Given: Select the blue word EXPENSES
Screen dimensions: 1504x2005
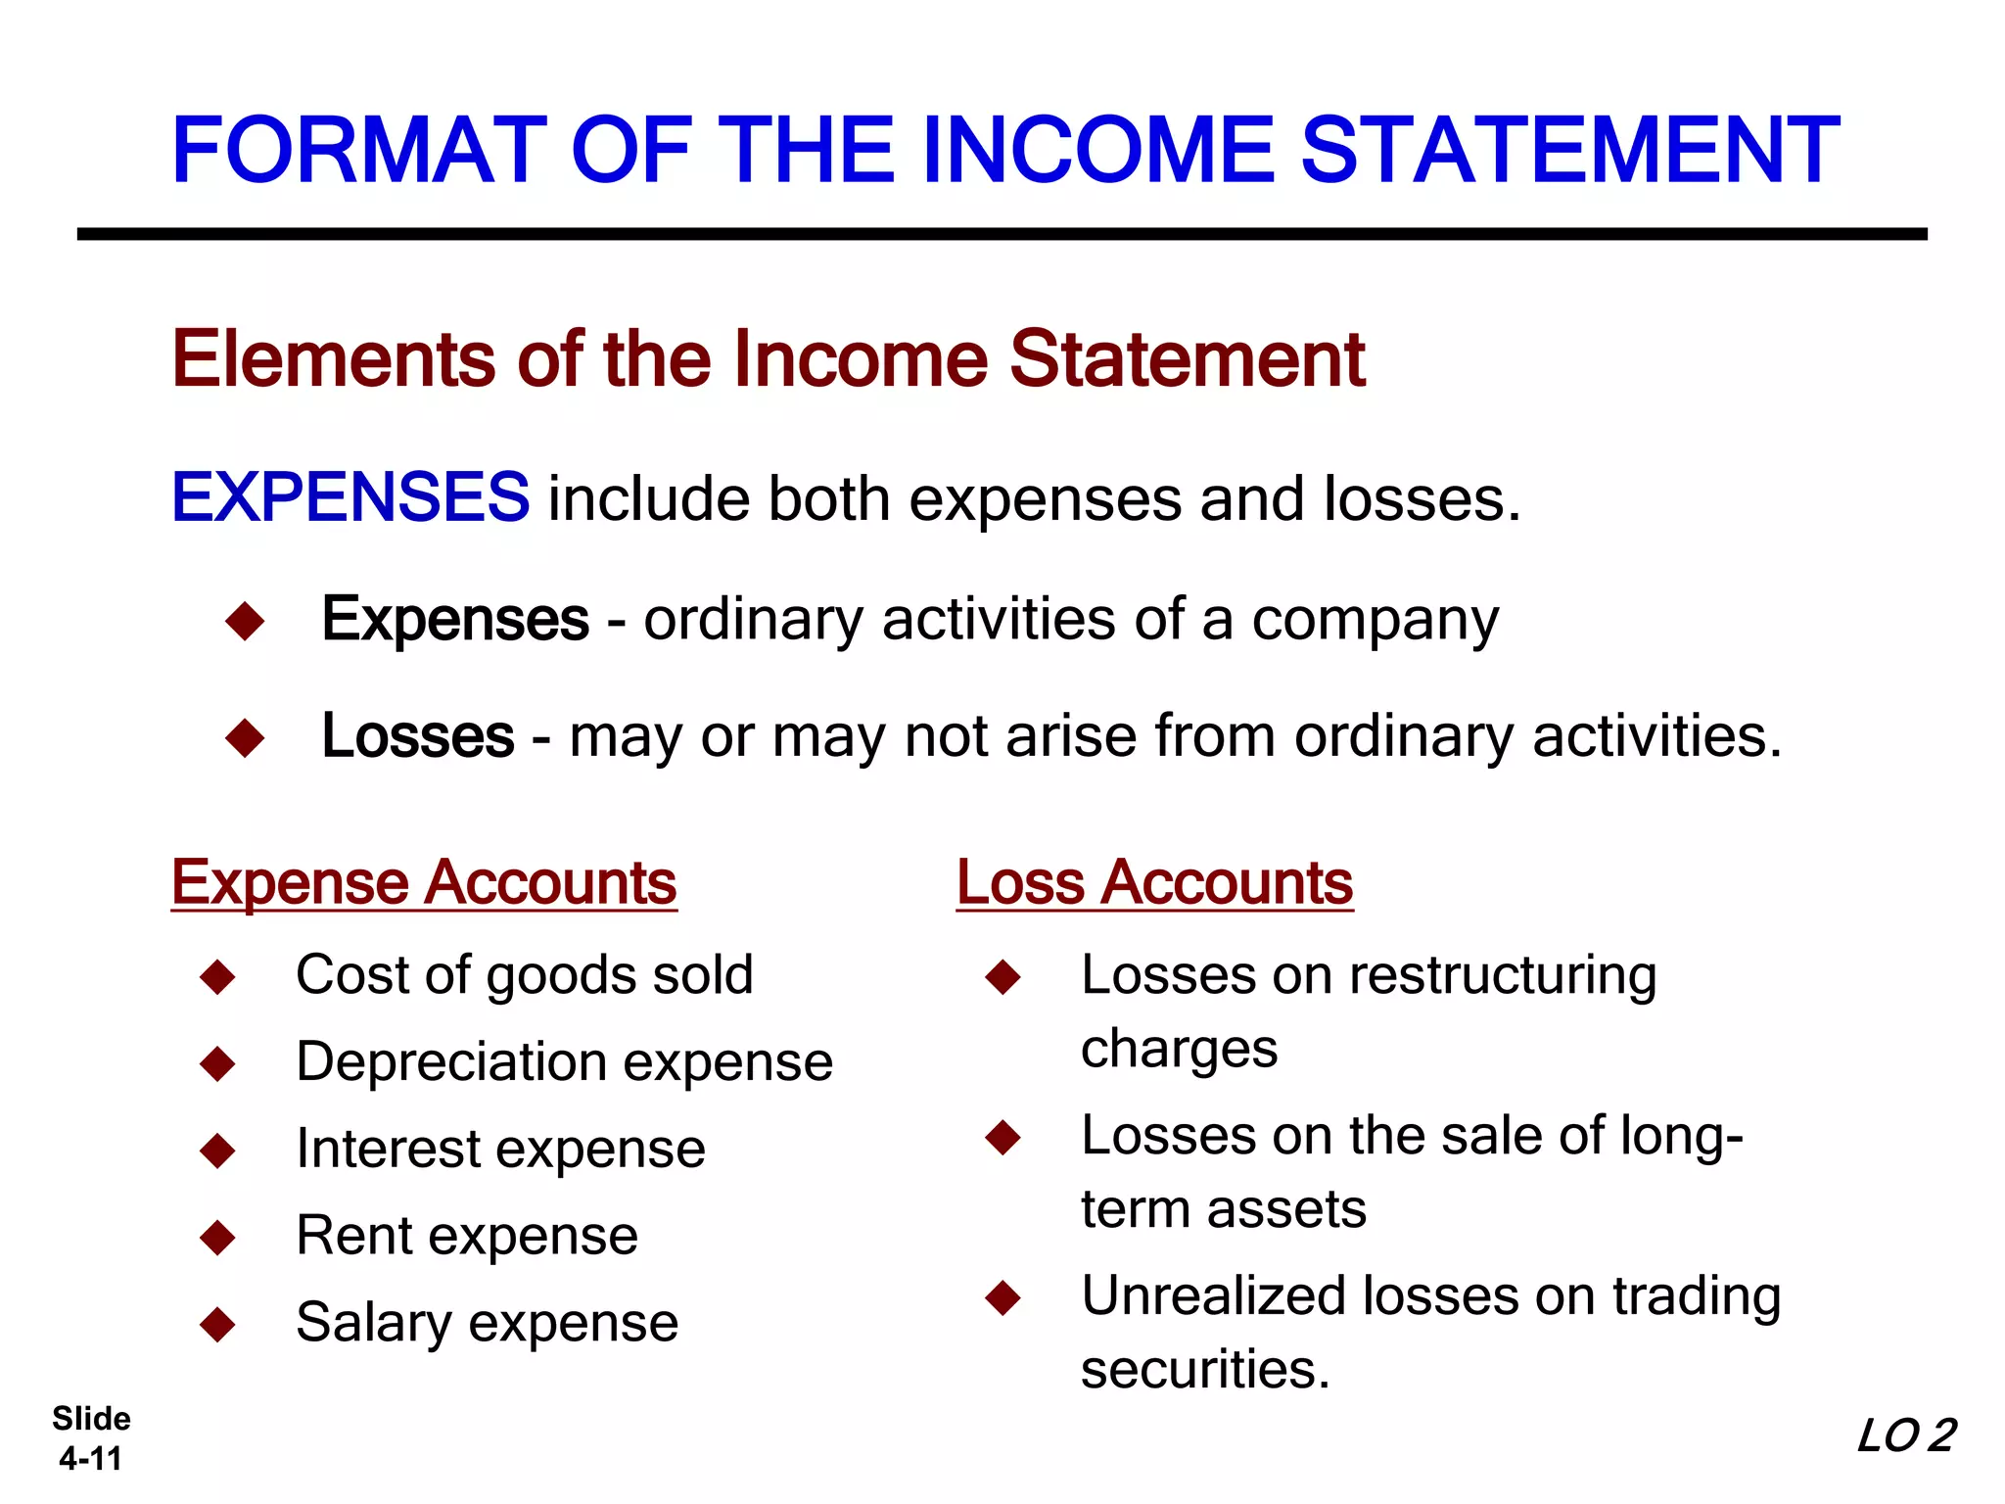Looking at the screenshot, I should (350, 496).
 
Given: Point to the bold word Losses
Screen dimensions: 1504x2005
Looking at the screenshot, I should (418, 735).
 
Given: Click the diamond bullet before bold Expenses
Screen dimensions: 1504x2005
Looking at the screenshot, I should (245, 621).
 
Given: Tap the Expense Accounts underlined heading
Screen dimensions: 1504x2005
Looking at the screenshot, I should (424, 882).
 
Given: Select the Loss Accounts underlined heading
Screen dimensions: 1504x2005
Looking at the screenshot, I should (1154, 882).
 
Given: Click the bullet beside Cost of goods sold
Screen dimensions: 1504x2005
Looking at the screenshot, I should (217, 976).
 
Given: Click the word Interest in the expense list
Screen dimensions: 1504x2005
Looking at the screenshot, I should (387, 1149).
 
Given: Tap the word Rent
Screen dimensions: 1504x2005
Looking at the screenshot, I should (353, 1235).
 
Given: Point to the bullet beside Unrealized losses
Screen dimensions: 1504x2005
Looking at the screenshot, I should (1003, 1297).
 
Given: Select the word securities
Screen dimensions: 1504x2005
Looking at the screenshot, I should (1204, 1369).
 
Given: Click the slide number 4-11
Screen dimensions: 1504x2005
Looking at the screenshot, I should (90, 1459).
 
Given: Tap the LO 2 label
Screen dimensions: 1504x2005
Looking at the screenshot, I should (1905, 1436).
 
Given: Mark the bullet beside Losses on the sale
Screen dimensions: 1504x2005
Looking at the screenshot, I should (1003, 1137).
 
